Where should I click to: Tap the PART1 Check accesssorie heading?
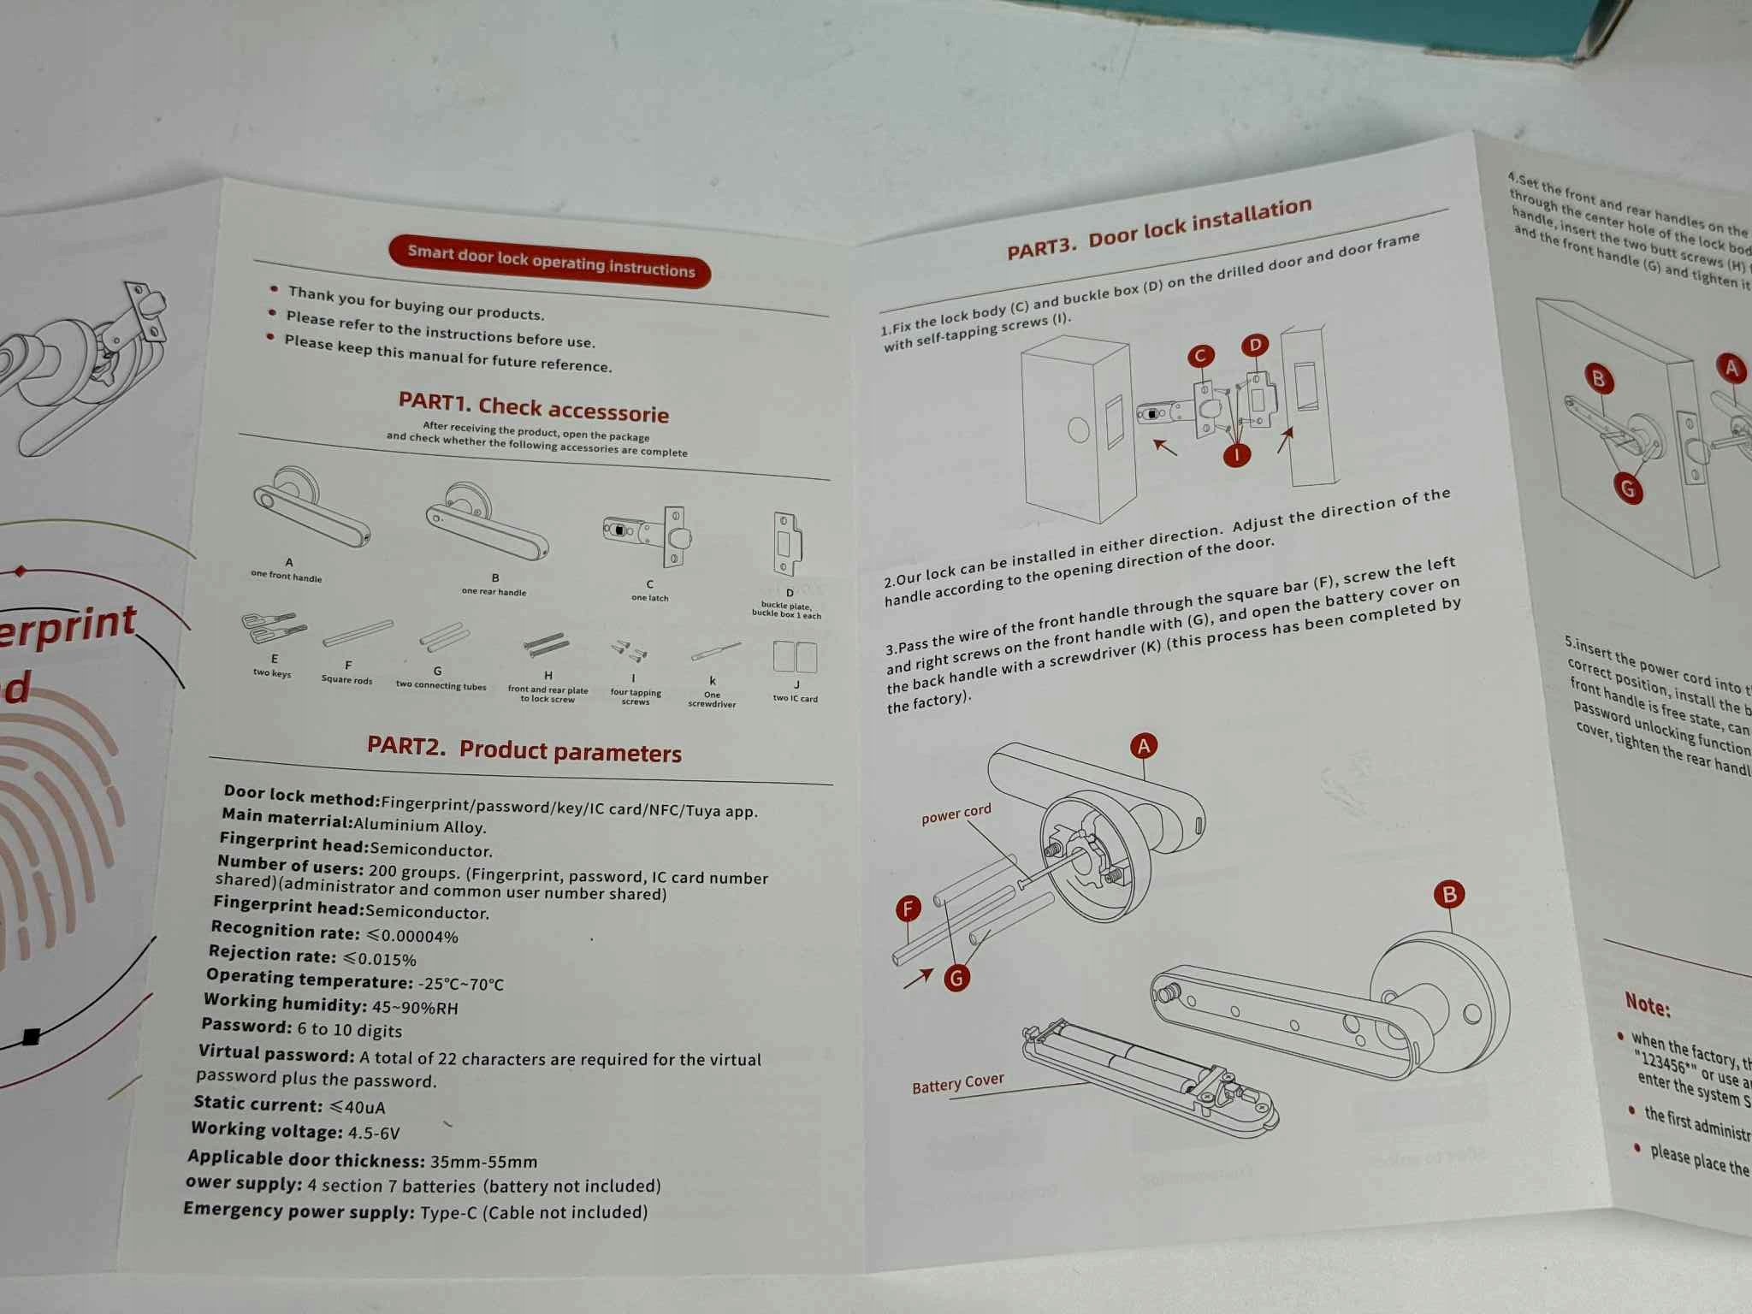click(534, 408)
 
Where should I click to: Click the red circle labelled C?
click(1201, 356)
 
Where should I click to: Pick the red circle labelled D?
click(1255, 345)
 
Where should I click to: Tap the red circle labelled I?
click(1237, 454)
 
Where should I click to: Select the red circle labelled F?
click(908, 908)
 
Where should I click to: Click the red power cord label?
click(956, 814)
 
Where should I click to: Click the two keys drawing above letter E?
click(273, 629)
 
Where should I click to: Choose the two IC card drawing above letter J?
click(795, 657)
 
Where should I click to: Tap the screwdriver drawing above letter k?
click(715, 652)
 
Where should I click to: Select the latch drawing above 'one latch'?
click(648, 534)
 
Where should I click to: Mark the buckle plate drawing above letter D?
click(787, 542)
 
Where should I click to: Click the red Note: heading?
click(1647, 1004)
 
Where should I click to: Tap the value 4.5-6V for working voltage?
click(374, 1133)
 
